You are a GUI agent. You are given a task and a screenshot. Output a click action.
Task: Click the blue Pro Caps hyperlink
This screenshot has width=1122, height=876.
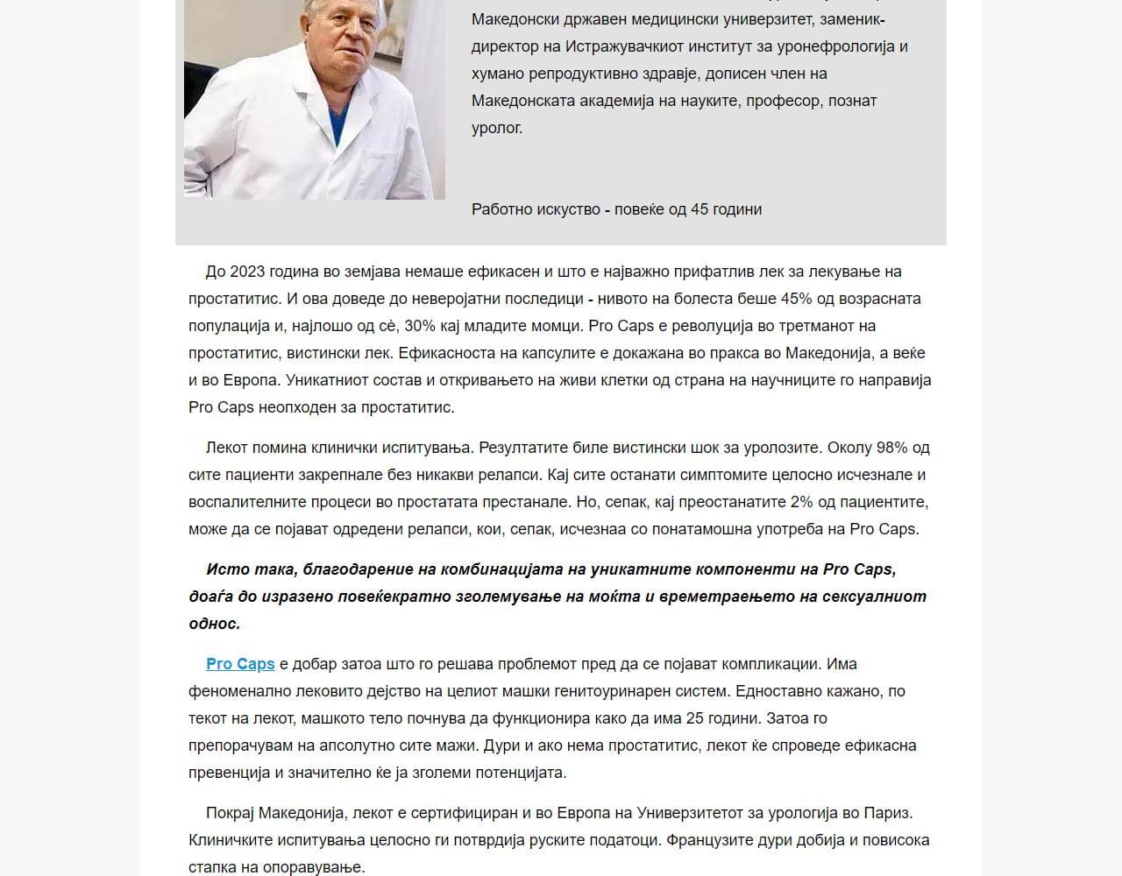(x=240, y=664)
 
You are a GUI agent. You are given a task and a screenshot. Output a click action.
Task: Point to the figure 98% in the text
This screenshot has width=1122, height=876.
(x=891, y=448)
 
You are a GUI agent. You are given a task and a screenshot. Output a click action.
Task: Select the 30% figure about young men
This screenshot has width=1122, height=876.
(x=420, y=326)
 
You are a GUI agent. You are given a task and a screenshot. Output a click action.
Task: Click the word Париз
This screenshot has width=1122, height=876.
(x=890, y=813)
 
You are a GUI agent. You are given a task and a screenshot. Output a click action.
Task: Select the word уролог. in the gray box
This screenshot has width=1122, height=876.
(x=497, y=128)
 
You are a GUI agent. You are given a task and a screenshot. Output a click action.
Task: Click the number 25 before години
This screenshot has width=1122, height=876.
(x=695, y=718)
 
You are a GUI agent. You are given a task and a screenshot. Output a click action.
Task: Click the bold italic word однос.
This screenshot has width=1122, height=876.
(x=214, y=624)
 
